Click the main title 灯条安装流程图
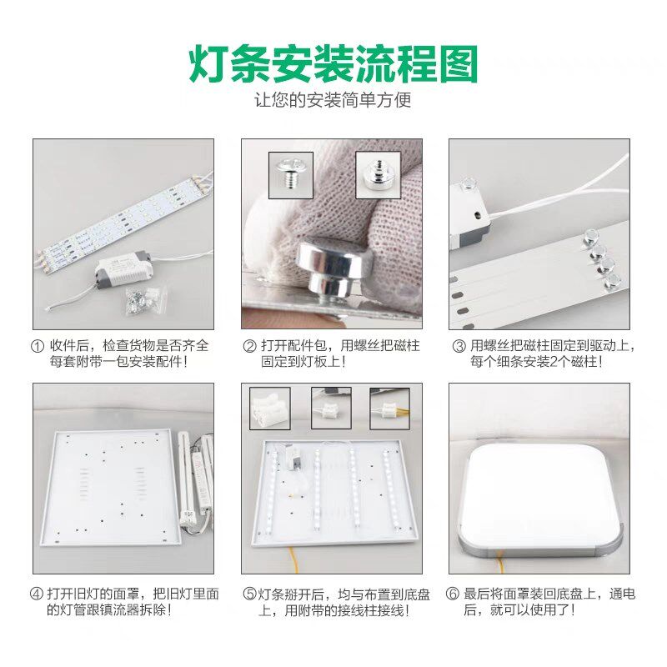coord(333,63)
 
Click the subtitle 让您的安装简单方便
coord(333,101)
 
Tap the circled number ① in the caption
coord(38,346)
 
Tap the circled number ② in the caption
coord(249,346)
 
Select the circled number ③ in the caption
coord(459,346)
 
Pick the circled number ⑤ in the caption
coord(248,594)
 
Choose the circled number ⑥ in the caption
coord(454,594)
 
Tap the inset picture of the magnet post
coord(378,175)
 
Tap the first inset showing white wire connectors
coord(269,408)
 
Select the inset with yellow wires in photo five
coord(389,408)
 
